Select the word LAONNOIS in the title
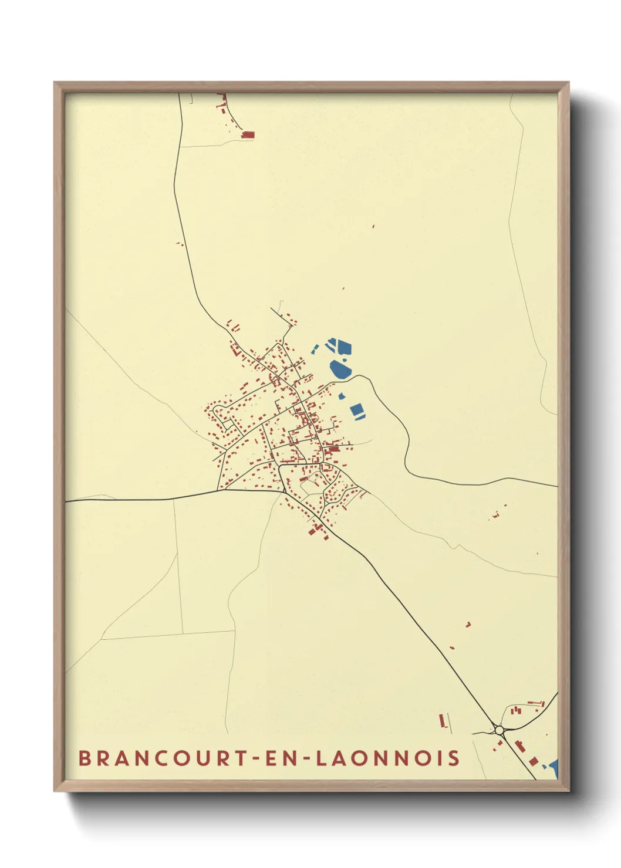point(388,758)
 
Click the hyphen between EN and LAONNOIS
point(307,758)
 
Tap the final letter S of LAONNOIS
point(454,758)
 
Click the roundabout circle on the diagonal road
point(500,730)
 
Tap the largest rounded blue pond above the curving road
point(339,369)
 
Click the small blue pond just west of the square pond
point(341,396)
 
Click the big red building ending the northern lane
point(248,135)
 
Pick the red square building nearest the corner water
point(533,761)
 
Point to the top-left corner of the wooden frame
point(55,83)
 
